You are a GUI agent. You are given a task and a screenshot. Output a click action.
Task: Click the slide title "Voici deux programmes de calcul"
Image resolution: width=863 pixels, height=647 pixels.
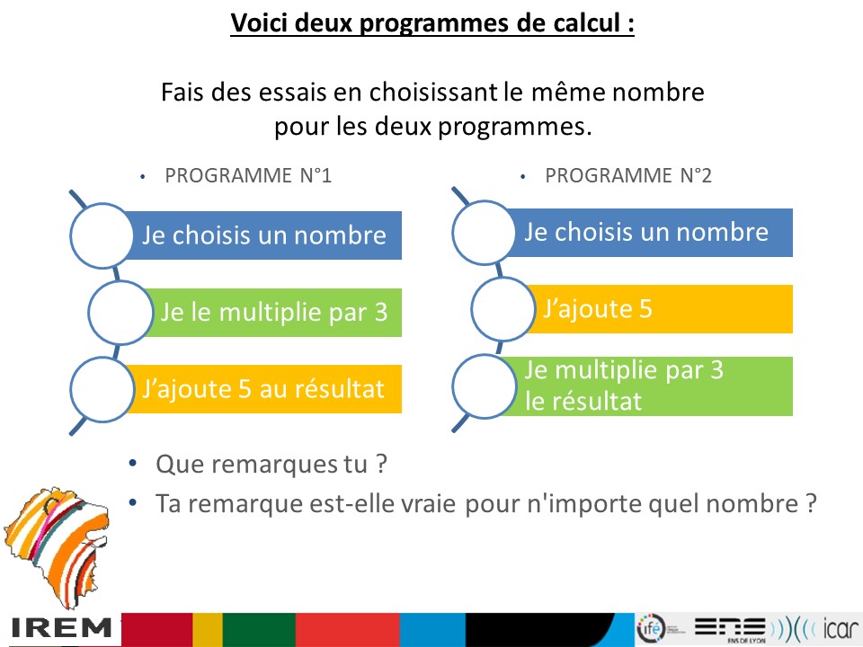tap(432, 23)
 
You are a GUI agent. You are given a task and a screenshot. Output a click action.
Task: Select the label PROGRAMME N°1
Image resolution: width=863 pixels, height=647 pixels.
tap(248, 175)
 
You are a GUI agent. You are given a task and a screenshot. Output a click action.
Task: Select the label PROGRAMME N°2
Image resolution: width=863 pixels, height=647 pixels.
tap(628, 175)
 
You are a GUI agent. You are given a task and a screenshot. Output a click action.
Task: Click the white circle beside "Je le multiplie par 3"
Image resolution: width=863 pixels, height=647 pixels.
tap(120, 313)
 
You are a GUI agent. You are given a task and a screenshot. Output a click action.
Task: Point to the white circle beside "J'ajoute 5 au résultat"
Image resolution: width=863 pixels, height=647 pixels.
tap(102, 389)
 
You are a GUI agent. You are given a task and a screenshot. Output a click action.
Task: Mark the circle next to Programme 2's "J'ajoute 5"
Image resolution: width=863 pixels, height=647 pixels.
tap(503, 308)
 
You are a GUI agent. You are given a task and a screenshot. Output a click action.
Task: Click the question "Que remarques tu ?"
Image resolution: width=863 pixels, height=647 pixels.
tap(271, 465)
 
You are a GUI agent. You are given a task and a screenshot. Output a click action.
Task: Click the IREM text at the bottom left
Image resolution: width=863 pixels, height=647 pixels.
tap(60, 628)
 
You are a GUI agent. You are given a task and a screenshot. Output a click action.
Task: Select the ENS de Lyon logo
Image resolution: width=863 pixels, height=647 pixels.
tap(730, 629)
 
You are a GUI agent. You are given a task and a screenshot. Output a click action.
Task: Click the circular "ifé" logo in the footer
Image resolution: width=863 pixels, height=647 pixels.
tap(651, 628)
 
